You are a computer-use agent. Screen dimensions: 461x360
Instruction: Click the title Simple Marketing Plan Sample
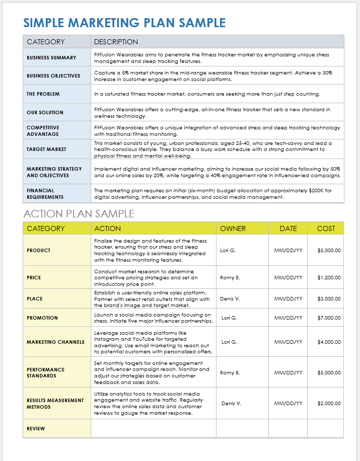124,23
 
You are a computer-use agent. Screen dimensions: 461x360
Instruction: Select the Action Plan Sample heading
79,213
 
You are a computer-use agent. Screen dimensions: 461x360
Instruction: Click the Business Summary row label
51,58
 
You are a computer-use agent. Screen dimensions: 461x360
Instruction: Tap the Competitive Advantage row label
43,131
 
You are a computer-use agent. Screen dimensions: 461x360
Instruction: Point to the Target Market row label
46,149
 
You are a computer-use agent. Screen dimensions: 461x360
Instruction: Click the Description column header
116,42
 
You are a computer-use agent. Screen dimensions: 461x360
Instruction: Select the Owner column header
233,228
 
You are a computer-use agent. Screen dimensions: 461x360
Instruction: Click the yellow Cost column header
326,228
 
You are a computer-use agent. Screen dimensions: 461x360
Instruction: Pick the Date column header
288,228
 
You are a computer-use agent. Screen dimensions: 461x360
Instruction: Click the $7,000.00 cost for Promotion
329,318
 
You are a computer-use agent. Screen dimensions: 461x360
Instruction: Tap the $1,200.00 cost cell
329,278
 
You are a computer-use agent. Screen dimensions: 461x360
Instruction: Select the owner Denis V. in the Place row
230,299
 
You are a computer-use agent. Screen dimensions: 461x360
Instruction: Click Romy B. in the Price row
230,278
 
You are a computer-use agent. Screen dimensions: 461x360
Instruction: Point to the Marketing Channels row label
55,342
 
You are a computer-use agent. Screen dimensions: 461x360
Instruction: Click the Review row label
36,429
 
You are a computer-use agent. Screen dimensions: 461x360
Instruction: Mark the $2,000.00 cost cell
329,404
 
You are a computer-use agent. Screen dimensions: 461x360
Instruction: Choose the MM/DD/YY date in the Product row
288,251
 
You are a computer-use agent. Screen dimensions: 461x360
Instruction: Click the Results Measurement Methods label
55,404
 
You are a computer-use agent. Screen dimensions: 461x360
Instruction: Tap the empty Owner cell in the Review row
242,429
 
